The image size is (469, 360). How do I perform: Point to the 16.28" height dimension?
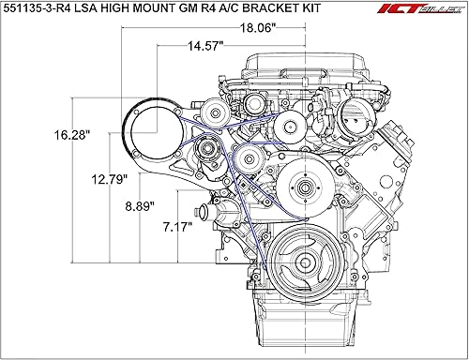tap(73, 135)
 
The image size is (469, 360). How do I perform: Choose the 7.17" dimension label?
tap(175, 226)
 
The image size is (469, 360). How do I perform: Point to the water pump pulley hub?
tap(303, 190)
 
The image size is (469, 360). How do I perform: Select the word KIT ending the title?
tap(355, 11)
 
